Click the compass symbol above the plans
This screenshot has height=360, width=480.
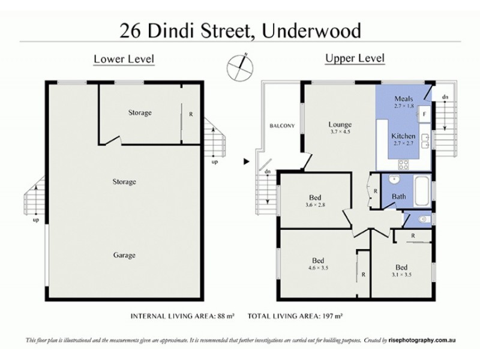(x=240, y=64)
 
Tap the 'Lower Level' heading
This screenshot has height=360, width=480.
(x=124, y=59)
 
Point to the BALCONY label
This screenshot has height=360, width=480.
(x=282, y=125)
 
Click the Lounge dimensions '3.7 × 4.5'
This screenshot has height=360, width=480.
(x=340, y=131)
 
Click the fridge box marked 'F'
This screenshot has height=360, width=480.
(x=424, y=113)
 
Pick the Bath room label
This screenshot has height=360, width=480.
(x=398, y=196)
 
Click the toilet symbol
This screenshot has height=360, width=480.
(x=422, y=220)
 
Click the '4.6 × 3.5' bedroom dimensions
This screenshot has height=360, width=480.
(x=318, y=268)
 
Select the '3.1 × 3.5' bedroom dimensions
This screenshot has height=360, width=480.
(x=401, y=275)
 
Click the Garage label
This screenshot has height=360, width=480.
(x=124, y=255)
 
